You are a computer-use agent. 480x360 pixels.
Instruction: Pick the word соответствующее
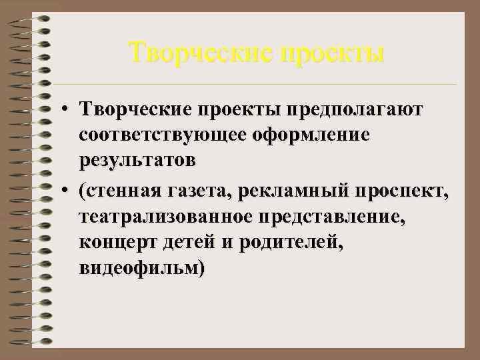coord(161,135)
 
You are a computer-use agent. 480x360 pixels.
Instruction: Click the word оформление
coord(310,135)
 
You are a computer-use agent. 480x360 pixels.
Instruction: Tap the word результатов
coord(137,161)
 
